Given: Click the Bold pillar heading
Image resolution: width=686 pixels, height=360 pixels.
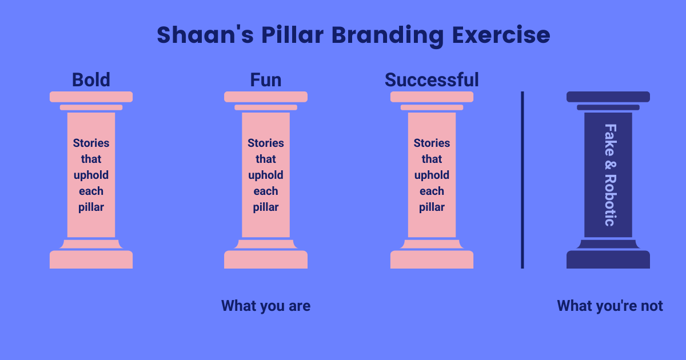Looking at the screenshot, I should click(91, 80).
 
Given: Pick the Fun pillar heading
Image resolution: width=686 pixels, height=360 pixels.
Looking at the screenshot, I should click(266, 80).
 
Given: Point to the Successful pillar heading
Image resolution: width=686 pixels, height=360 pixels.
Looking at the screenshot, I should click(432, 80).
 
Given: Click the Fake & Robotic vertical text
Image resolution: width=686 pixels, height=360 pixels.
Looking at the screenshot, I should click(609, 175).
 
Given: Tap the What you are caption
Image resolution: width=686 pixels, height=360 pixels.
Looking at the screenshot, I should click(266, 306).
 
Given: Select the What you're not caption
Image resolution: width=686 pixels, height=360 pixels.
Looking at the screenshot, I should click(610, 306).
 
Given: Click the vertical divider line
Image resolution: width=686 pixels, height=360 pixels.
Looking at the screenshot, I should click(522, 179).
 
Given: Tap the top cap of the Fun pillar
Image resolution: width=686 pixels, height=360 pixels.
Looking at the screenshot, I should click(266, 97).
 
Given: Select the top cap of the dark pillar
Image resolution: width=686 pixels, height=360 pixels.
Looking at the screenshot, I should click(608, 97).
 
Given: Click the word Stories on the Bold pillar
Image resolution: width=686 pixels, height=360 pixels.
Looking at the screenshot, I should click(91, 143).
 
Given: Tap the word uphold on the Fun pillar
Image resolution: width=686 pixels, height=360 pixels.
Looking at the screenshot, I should click(266, 175).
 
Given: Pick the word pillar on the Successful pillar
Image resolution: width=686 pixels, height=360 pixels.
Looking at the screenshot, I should click(432, 207).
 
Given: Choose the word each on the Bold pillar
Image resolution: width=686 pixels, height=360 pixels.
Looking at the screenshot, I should click(91, 191).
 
